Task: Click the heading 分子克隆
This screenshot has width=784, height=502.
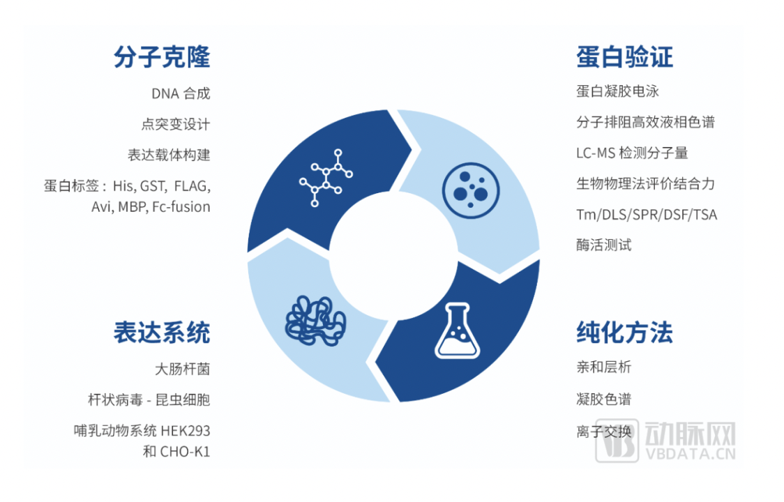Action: (162, 57)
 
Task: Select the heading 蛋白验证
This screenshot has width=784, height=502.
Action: (624, 57)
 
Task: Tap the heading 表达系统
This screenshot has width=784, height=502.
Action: (162, 332)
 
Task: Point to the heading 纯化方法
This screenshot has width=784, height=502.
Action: (624, 332)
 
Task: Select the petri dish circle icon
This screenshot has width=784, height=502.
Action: (465, 188)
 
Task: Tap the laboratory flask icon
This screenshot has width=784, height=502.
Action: (457, 330)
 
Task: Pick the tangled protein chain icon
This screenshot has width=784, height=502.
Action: (316, 319)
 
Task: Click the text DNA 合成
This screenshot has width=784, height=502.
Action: (181, 93)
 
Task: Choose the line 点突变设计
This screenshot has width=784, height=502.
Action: (176, 124)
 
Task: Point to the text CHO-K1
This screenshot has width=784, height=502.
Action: (185, 451)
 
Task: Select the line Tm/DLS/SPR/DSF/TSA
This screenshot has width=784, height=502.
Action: (646, 215)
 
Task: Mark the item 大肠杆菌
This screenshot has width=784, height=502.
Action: (182, 369)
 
